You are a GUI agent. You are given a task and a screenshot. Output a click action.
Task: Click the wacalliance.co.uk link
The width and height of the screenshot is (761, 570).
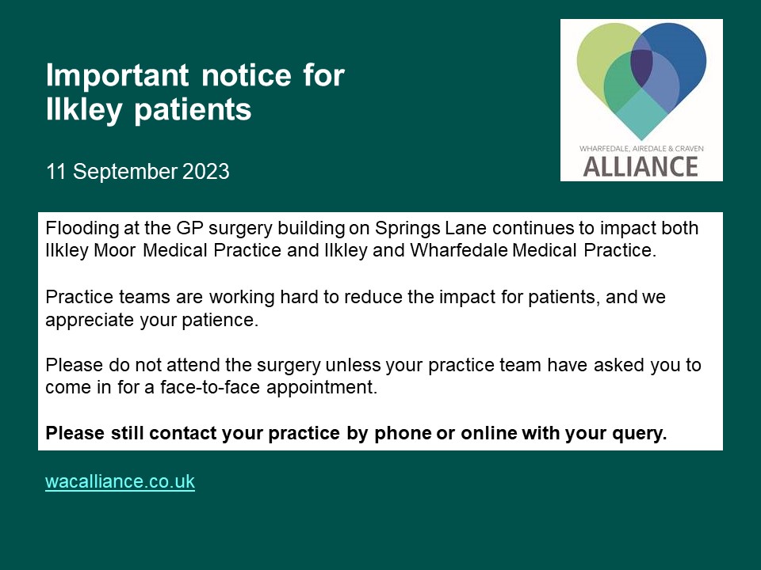pos(120,481)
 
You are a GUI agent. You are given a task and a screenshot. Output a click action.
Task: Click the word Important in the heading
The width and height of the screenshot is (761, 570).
pos(116,76)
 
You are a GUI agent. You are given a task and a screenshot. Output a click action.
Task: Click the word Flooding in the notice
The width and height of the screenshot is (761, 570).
pos(78,229)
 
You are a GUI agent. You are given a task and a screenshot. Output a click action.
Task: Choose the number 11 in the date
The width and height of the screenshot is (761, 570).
pos(55,171)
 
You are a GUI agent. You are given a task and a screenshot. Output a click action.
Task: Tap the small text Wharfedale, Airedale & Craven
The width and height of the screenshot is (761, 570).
pos(641,148)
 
